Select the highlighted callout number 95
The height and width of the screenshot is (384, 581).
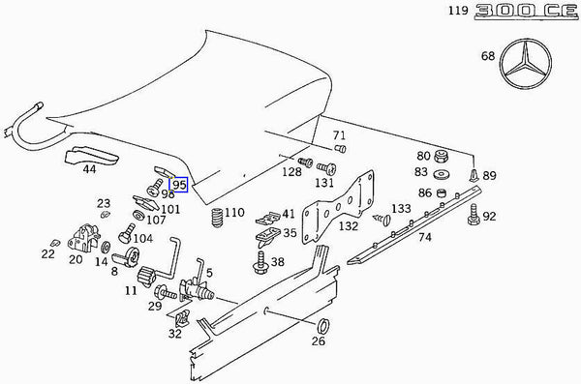tap(178, 184)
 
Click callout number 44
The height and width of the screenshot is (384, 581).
tap(89, 169)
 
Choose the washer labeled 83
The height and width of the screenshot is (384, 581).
tap(442, 174)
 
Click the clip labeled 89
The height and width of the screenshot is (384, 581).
tap(472, 176)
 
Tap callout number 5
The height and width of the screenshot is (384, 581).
tap(209, 260)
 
